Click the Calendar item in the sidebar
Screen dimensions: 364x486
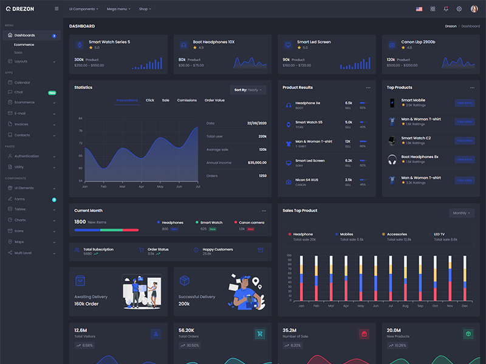(x=22, y=82)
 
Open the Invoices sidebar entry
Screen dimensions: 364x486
(x=21, y=124)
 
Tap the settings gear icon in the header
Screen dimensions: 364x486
(x=459, y=9)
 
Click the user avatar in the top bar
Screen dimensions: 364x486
(x=474, y=8)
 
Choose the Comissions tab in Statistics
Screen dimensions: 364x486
(x=187, y=100)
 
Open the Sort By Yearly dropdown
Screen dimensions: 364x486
(x=247, y=90)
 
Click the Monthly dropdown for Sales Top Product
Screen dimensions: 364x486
(x=461, y=213)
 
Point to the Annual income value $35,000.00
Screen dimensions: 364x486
(x=257, y=163)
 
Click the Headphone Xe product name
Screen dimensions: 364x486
(x=307, y=103)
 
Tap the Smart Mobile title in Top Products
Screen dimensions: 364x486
(x=413, y=100)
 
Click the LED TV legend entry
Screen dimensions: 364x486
(x=439, y=234)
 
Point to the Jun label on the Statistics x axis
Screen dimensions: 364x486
(x=179, y=186)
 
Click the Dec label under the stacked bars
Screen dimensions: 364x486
(x=465, y=306)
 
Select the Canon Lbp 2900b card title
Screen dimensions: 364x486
(x=418, y=42)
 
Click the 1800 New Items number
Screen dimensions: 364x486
(x=80, y=222)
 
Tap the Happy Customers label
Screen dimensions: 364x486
(x=217, y=249)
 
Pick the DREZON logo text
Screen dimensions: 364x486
(x=24, y=9)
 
